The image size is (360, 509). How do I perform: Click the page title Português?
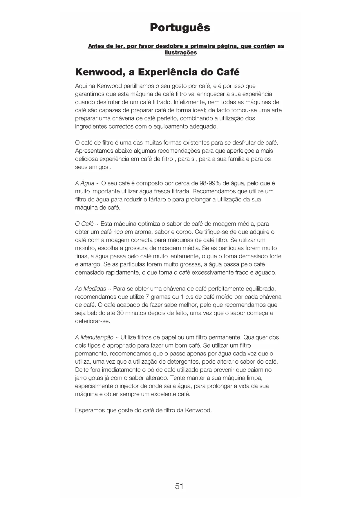[x=180, y=28]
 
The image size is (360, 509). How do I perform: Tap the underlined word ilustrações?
[x=180, y=53]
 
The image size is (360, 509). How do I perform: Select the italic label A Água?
[x=84, y=183]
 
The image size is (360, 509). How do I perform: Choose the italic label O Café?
[x=84, y=224]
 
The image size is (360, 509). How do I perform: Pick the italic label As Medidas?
[x=90, y=289]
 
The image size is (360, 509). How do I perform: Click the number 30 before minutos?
[x=120, y=313]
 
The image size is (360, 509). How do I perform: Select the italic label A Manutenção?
[x=94, y=337]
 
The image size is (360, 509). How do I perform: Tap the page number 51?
[x=179, y=486]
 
